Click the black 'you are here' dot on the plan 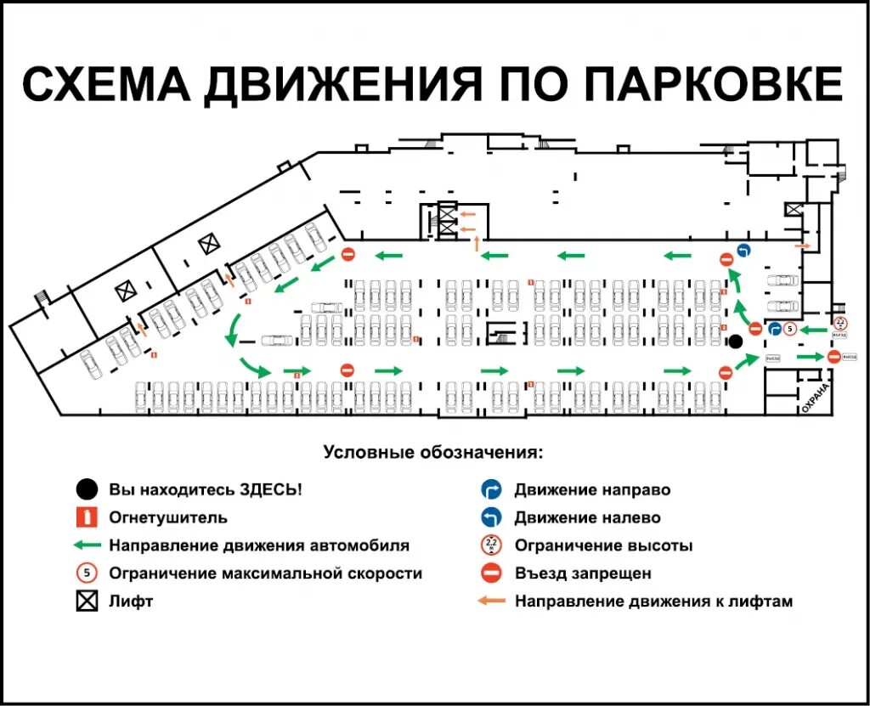(736, 342)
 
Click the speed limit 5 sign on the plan (789, 329)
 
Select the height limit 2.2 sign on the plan (840, 322)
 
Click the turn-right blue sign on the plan (774, 329)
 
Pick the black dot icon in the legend (86, 489)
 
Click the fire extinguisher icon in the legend (86, 517)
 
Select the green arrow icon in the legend (86, 545)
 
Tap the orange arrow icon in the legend (491, 602)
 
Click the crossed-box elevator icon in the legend (86, 602)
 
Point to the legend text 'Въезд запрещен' (583, 573)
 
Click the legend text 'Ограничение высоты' (603, 545)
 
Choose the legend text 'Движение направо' (592, 489)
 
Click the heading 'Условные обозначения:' (432, 452)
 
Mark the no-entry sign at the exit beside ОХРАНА (834, 357)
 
